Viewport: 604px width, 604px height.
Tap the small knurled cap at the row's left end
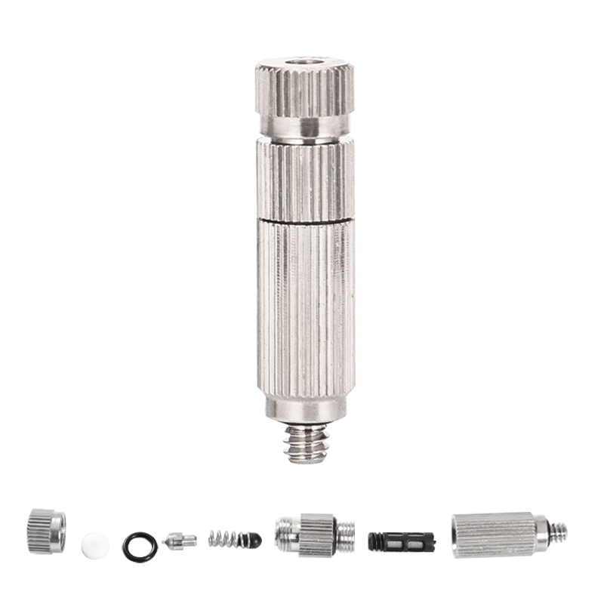pyautogui.click(x=46, y=532)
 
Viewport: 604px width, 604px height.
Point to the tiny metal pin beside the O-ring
pyautogui.click(x=180, y=539)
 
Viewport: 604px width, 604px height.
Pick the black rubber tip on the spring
pyautogui.click(x=254, y=540)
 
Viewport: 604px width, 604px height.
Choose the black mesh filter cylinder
pyautogui.click(x=401, y=541)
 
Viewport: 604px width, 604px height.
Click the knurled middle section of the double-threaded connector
pyautogui.click(x=317, y=535)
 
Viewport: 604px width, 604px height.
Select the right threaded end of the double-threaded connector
pyautogui.click(x=346, y=535)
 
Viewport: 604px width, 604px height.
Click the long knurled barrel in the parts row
pyautogui.click(x=493, y=535)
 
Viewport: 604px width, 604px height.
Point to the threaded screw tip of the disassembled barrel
pyautogui.click(x=558, y=533)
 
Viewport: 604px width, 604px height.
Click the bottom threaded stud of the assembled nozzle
pyautogui.click(x=306, y=444)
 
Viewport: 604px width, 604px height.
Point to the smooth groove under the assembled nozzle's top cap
pyautogui.click(x=305, y=126)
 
